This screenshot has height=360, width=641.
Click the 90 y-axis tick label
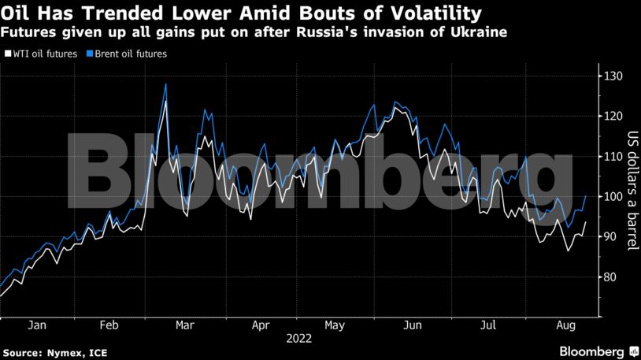pos(609,236)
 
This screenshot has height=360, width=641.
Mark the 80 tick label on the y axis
pos(609,276)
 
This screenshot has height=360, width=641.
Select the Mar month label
pos(185,325)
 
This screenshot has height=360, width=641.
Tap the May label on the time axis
pos(335,325)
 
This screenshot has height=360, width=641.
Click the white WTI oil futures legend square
pos(8,54)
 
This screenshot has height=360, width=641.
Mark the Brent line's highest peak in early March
pos(165,84)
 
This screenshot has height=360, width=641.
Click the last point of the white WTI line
pos(585,222)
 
